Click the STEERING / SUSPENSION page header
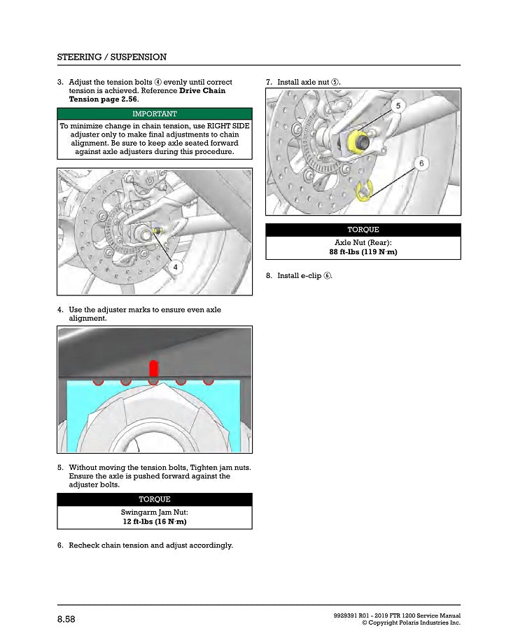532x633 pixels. point(112,57)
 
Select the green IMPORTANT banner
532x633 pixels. point(154,113)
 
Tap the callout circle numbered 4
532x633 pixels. point(176,267)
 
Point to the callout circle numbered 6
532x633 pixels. point(421,163)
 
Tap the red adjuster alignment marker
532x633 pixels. point(154,368)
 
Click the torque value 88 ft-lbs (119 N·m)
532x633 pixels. point(363,252)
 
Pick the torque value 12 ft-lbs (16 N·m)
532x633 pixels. point(154,522)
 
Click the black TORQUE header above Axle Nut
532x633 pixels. point(363,230)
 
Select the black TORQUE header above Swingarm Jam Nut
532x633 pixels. point(154,499)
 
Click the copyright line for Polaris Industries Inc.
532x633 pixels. point(411,622)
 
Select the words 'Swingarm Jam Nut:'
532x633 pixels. point(154,512)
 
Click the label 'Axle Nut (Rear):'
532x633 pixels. point(363,242)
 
